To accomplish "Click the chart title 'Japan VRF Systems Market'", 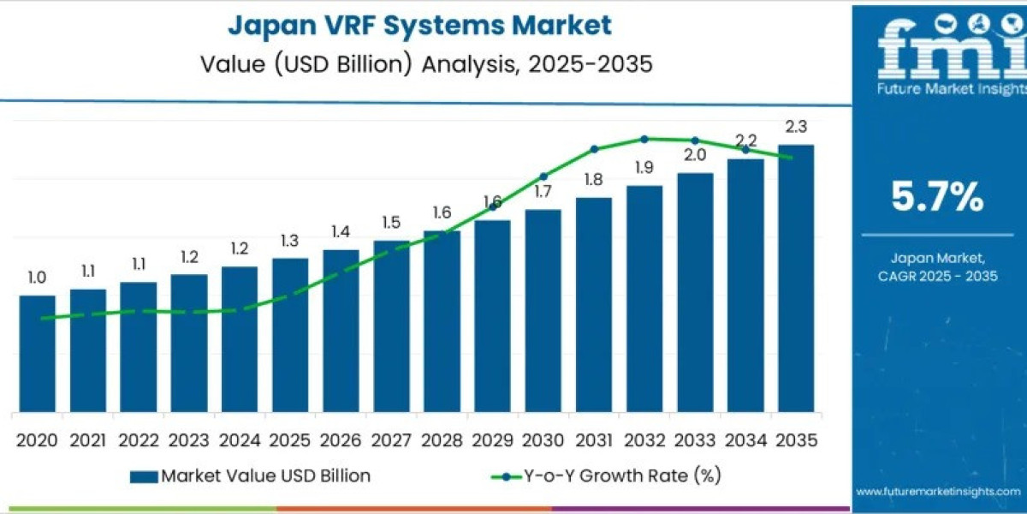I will [419, 25].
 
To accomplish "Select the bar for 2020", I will [37, 353].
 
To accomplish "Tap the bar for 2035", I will [795, 278].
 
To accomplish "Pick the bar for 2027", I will [391, 326].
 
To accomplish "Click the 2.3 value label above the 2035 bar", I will [795, 127].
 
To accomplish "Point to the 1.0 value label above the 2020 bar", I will [37, 278].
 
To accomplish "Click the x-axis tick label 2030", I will [543, 440].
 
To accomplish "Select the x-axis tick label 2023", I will [188, 440].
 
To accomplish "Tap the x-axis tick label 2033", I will [694, 440].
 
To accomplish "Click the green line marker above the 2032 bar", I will [644, 138].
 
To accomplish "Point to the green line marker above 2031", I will [594, 149].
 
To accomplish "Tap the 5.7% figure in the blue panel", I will [937, 198].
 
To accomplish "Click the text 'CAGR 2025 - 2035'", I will [937, 276].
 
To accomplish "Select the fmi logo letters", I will [937, 51].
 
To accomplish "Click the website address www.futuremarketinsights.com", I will [937, 492].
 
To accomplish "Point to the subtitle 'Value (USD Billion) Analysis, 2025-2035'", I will [419, 64].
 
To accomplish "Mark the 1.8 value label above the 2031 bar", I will [594, 180].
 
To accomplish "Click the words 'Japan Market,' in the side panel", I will [937, 257].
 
